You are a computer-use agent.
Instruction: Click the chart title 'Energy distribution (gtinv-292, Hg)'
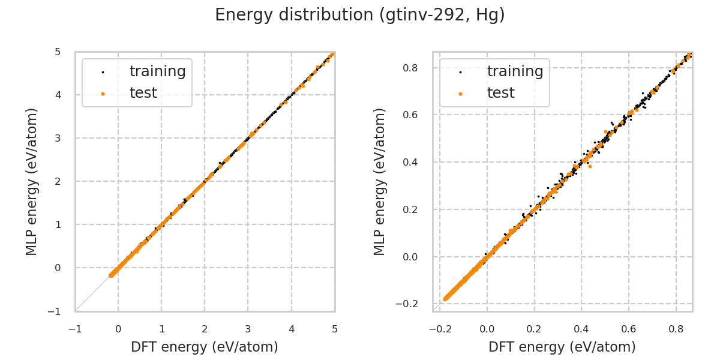tap(360, 15)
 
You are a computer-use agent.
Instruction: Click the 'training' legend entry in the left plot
tap(157, 71)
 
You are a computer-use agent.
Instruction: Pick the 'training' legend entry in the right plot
tap(515, 71)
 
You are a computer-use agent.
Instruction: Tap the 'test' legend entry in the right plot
tap(500, 93)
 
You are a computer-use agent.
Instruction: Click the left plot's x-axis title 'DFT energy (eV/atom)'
tap(205, 347)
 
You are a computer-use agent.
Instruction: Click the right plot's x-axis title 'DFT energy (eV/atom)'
tap(562, 347)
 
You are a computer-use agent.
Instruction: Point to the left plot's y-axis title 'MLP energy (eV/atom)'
tap(32, 181)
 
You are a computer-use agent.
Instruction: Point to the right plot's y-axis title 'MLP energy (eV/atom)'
tap(380, 181)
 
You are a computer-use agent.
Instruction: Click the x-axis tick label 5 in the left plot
tap(334, 329)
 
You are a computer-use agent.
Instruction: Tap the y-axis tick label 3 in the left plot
tap(59, 138)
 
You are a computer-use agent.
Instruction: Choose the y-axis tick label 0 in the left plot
tap(59, 268)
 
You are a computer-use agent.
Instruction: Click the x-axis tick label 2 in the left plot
tap(205, 329)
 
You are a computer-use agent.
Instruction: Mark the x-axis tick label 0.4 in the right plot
tap(581, 329)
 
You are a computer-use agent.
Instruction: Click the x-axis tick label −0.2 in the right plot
tap(439, 329)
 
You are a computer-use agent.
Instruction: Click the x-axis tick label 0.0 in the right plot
tap(487, 329)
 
